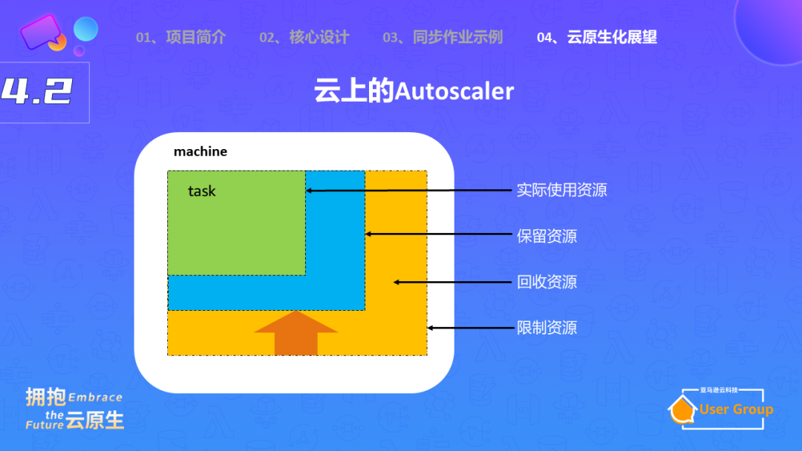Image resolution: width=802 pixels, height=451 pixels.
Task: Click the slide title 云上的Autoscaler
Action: pos(414,91)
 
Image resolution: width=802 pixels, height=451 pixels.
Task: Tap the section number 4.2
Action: pos(36,91)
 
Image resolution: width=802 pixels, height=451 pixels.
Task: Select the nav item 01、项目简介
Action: pos(180,37)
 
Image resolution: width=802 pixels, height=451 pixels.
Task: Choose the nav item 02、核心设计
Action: pos(304,37)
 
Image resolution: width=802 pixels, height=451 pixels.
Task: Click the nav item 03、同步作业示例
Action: pos(443,37)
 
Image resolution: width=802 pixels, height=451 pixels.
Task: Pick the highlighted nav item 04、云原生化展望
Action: pos(597,37)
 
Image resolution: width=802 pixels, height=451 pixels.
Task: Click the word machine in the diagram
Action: pos(200,152)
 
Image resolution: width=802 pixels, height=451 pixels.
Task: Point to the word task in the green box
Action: pos(201,191)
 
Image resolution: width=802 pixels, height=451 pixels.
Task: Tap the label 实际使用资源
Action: pos(561,191)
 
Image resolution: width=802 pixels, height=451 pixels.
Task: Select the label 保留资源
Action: pos(547,237)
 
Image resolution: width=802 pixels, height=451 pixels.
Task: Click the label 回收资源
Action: pos(547,282)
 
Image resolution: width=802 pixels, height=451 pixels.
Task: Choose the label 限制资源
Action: pos(547,327)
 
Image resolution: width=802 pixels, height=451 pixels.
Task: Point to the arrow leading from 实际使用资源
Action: pos(408,191)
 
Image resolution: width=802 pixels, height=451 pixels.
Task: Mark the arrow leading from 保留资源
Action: pos(437,234)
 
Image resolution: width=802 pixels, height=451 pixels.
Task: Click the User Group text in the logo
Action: pos(736,409)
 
